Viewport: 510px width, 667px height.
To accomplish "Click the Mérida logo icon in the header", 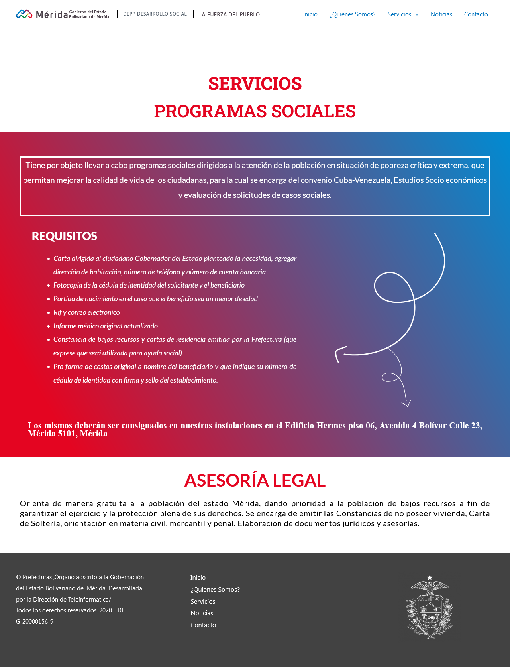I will click(24, 14).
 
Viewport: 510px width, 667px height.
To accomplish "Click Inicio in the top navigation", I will click(310, 14).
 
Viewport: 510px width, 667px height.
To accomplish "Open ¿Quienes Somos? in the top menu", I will click(352, 14).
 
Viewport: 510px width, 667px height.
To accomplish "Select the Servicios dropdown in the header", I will click(403, 14).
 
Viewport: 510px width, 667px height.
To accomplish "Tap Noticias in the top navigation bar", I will click(441, 14).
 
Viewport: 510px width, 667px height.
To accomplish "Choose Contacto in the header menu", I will click(476, 14).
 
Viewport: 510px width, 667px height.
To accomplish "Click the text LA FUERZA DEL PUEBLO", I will click(229, 14).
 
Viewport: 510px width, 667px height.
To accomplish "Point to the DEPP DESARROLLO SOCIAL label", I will click(155, 14).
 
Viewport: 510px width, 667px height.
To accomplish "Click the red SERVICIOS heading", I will click(255, 84).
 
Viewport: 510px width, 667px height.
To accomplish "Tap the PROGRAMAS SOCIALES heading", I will click(255, 111).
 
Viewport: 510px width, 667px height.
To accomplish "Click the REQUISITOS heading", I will click(64, 236).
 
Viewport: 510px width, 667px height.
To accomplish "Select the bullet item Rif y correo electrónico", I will click(86, 312).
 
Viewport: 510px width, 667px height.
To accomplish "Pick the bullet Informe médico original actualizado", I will click(106, 326).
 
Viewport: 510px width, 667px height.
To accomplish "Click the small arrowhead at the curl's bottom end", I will click(406, 404).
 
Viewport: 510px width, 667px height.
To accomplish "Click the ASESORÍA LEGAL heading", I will click(255, 480).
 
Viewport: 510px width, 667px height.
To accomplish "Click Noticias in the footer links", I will click(202, 613).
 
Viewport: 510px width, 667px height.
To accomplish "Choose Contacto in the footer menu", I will click(203, 625).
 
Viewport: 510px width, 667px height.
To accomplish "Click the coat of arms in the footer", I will click(430, 607).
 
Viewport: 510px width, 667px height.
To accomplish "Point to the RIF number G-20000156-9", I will click(35, 622).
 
